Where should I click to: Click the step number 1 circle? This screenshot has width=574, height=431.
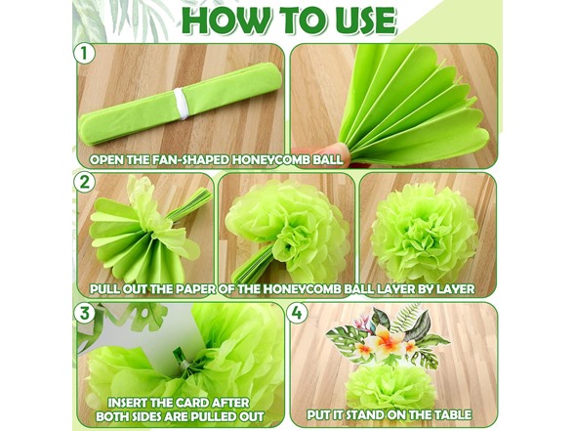85,54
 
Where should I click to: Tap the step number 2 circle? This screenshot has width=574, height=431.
85,182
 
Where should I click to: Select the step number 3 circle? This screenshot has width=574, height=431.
85,313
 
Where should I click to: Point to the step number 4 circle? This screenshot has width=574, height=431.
297,313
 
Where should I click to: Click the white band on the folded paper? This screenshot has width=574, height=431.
182,104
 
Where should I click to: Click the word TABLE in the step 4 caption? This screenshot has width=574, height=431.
453,414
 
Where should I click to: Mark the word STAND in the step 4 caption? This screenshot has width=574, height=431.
366,414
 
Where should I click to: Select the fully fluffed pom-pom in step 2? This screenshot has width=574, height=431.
425,233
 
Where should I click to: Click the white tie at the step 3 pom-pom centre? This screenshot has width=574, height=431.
184,365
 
